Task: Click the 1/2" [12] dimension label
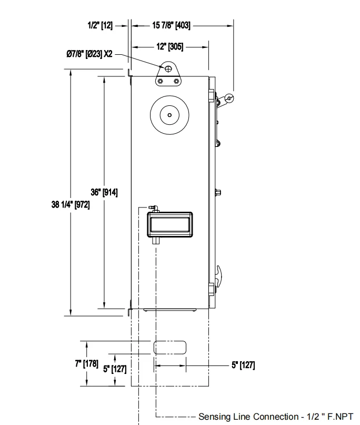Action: click(99, 25)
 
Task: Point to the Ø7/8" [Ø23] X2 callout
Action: click(89, 54)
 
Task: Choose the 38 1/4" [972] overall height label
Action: click(70, 205)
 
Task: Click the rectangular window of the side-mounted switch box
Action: click(169, 225)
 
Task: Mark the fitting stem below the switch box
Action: click(156, 241)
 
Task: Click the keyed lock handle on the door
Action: click(228, 98)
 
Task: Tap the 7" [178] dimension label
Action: click(86, 363)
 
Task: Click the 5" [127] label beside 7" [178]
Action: click(114, 369)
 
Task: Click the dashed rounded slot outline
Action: click(169, 347)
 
